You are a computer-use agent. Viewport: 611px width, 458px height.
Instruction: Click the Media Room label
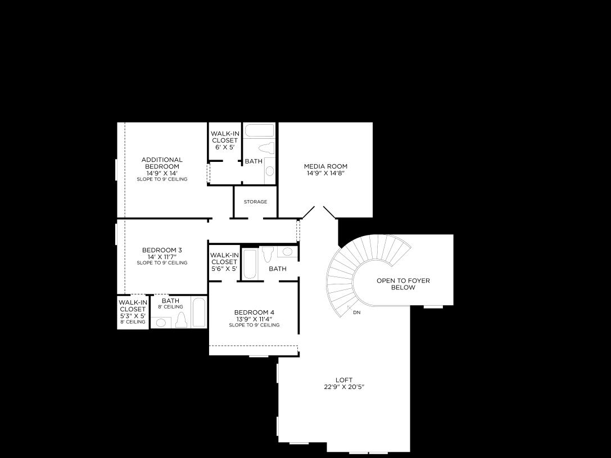325,166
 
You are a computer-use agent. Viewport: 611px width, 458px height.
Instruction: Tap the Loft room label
344,380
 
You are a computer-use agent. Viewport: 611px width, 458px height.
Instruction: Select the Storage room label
255,202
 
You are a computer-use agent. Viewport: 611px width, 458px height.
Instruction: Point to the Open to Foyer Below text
403,284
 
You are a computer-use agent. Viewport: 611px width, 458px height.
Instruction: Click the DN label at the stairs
357,312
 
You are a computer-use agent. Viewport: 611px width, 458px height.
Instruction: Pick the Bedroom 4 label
254,312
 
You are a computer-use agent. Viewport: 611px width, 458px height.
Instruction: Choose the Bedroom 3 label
162,250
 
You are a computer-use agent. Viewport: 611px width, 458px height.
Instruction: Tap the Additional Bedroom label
162,163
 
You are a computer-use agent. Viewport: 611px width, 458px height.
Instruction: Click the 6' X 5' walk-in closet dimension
224,147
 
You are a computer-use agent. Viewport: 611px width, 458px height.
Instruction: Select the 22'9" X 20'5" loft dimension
344,387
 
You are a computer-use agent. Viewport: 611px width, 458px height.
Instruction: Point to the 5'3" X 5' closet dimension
133,316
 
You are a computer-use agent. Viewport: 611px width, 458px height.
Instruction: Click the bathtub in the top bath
259,130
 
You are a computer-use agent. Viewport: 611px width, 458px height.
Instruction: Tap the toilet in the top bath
266,148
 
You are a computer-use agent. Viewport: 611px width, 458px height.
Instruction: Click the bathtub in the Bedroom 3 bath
199,312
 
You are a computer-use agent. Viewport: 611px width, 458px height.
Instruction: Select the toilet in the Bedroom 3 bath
181,320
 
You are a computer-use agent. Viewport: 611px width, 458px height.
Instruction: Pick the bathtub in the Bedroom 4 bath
250,264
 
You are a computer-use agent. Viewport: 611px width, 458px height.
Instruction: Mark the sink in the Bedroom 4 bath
287,252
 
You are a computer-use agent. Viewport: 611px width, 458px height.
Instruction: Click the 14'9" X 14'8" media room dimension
325,174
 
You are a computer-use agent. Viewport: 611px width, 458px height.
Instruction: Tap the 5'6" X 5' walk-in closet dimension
224,269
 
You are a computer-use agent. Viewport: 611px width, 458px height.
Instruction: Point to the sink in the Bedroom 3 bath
161,323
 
